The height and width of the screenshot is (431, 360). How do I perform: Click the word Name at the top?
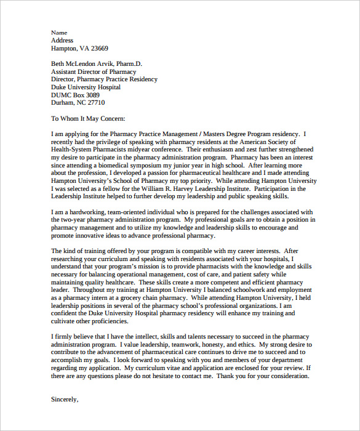click(58, 33)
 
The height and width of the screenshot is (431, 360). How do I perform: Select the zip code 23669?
click(98, 48)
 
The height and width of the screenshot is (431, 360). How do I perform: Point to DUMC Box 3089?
click(74, 95)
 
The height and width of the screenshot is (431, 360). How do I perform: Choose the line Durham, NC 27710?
click(78, 103)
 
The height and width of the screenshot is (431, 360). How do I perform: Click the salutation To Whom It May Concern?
click(88, 118)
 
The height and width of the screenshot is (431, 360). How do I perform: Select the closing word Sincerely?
click(65, 399)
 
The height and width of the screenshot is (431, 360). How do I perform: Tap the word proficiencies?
click(107, 321)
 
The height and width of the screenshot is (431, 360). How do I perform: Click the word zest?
click(238, 149)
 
